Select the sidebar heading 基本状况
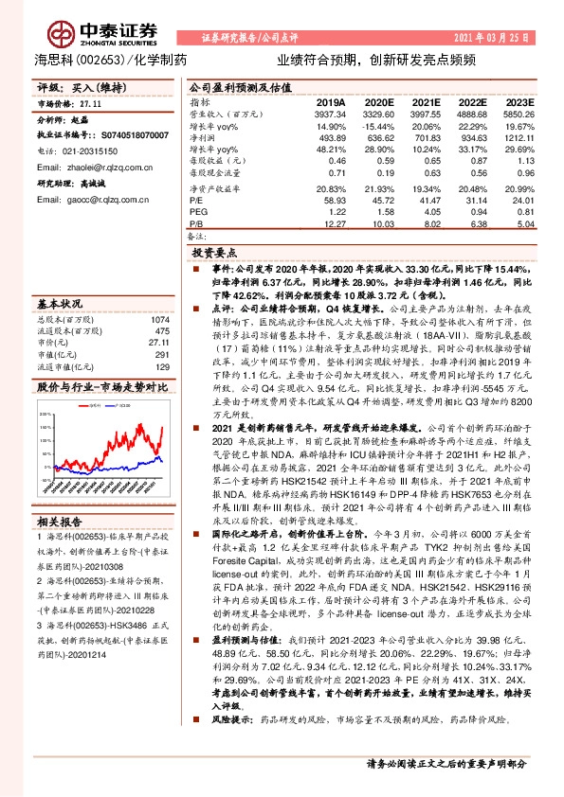pyautogui.click(x=59, y=305)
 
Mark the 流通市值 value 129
pyautogui.click(x=163, y=366)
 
